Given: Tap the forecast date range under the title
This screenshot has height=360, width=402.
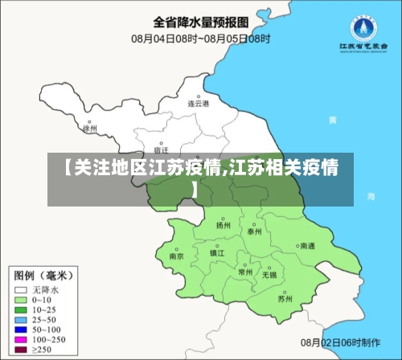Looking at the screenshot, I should point(200,38).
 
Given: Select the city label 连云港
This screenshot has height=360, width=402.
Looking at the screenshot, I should point(199,104).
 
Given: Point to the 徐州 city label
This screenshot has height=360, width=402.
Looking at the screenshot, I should point(90,128).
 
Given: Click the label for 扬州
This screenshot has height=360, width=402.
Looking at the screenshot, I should point(224,226).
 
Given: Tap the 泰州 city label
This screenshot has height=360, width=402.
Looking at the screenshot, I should point(255,231).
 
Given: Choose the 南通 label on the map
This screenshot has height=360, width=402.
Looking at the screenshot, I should point(307,246).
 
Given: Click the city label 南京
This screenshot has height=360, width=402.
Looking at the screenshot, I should point(177,256).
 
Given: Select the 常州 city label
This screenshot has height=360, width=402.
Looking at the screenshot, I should point(245,272).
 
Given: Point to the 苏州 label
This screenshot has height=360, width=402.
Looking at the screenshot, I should point(285,299).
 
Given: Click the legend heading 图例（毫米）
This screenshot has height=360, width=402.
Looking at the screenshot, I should point(45,272).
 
